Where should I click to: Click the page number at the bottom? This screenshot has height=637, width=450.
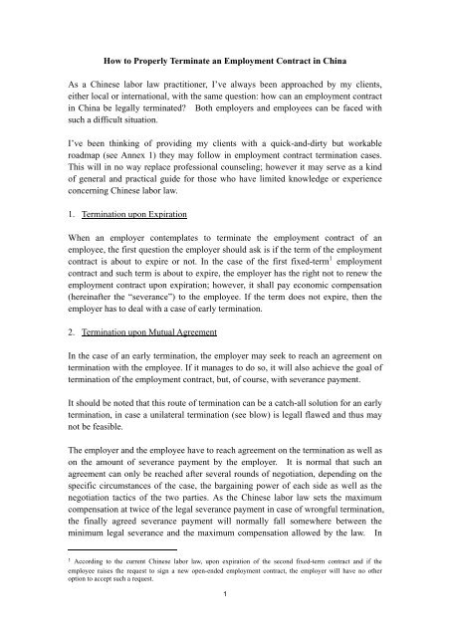coord(225,622)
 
